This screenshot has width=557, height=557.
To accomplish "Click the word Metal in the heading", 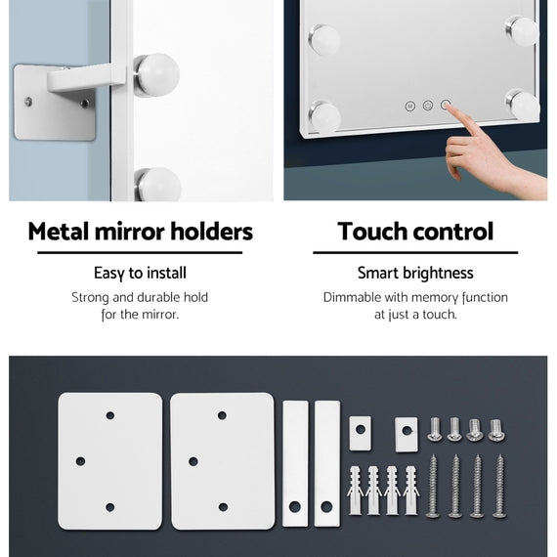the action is coord(58,232).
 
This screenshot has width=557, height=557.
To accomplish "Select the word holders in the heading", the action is coord(212,232).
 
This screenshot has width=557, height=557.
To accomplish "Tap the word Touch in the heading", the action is coord(369,232).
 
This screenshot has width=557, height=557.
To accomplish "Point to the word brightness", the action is coord(438,274).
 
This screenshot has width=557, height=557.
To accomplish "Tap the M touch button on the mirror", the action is coord(410,106).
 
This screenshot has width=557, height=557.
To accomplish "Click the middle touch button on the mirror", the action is coord(428,106).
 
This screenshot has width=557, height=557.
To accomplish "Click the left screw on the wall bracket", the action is coord(28,102).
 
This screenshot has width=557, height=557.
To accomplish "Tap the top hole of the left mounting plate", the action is coord(110,415).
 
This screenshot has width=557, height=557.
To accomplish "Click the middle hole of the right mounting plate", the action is coord(193,461).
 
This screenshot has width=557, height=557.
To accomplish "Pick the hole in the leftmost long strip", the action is coord(295,506).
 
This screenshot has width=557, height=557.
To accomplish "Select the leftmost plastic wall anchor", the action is coord(356,491).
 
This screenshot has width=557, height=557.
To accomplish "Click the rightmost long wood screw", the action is coord(499,486).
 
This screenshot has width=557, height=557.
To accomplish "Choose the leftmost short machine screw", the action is coord(435,429).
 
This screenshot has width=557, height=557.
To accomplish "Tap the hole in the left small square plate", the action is coord(361,429).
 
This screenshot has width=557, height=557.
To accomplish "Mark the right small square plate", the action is coord(407,435).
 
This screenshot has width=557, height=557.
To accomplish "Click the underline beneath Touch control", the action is coord(415,252).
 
